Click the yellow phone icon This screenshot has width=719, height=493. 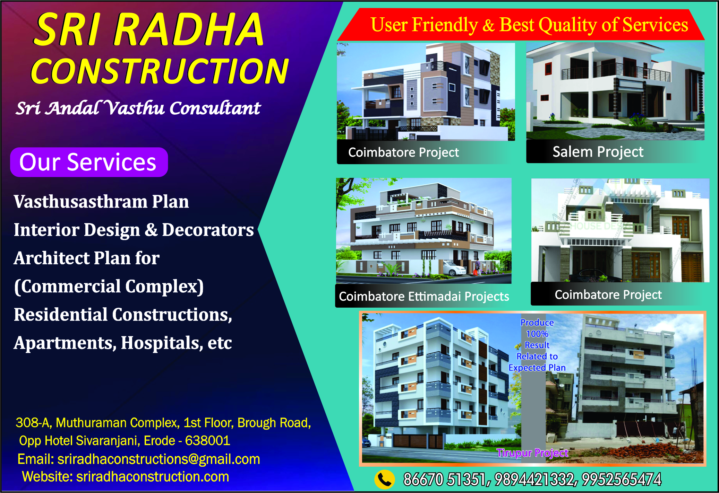click(x=385, y=479)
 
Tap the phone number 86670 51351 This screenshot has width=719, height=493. click(x=444, y=479)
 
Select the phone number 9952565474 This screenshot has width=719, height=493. click(x=622, y=479)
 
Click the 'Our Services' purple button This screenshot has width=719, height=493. click(x=89, y=162)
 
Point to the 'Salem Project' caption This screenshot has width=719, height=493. click(x=598, y=152)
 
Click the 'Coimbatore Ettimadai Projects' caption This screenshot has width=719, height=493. click(x=424, y=297)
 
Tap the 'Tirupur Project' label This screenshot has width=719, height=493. click(x=532, y=453)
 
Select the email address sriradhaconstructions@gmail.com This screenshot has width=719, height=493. click(x=159, y=459)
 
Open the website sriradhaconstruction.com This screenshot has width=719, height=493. click(x=153, y=477)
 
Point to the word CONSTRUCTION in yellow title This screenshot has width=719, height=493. click(x=160, y=71)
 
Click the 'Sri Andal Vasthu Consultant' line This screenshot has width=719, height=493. click(x=138, y=108)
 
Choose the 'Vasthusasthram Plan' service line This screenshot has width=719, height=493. click(x=101, y=202)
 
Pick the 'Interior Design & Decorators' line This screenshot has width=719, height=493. click(x=134, y=230)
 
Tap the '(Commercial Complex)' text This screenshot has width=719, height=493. click(x=109, y=287)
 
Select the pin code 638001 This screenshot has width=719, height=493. click(x=207, y=441)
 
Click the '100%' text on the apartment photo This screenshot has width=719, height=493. click(x=537, y=334)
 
